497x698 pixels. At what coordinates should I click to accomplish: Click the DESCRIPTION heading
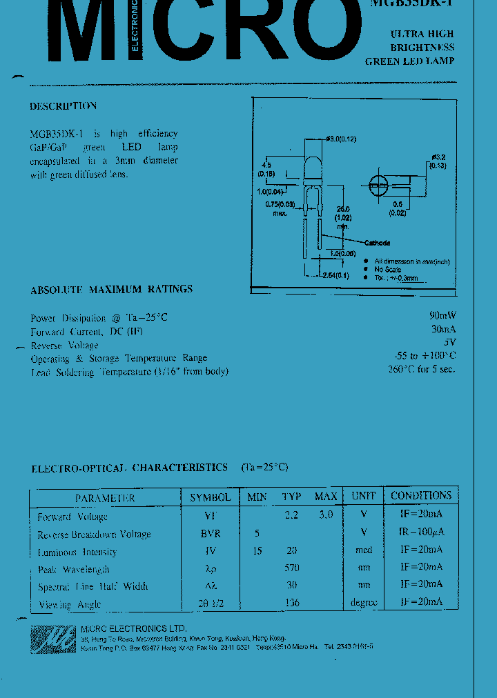click(x=63, y=106)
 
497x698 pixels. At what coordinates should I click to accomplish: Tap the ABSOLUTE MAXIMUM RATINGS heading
click(x=111, y=290)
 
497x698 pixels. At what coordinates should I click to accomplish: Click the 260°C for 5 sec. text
click(x=421, y=369)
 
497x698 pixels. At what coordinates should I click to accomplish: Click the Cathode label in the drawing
click(x=377, y=243)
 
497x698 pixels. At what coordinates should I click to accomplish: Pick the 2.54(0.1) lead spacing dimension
click(x=336, y=275)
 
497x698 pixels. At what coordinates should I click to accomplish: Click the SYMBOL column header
click(x=211, y=497)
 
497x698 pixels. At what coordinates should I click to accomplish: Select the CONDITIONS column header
click(x=421, y=496)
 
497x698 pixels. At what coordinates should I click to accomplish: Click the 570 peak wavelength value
click(x=292, y=568)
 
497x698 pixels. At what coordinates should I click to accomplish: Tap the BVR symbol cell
click(x=211, y=533)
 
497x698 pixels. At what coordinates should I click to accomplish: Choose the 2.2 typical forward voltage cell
click(x=291, y=515)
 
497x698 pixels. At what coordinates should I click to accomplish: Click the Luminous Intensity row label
click(x=77, y=552)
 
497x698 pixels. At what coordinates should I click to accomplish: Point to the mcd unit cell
click(x=364, y=550)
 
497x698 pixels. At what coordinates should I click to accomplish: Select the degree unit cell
click(x=364, y=602)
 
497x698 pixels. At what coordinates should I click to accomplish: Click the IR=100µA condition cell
click(x=421, y=532)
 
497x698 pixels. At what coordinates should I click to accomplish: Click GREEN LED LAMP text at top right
click(x=410, y=61)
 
